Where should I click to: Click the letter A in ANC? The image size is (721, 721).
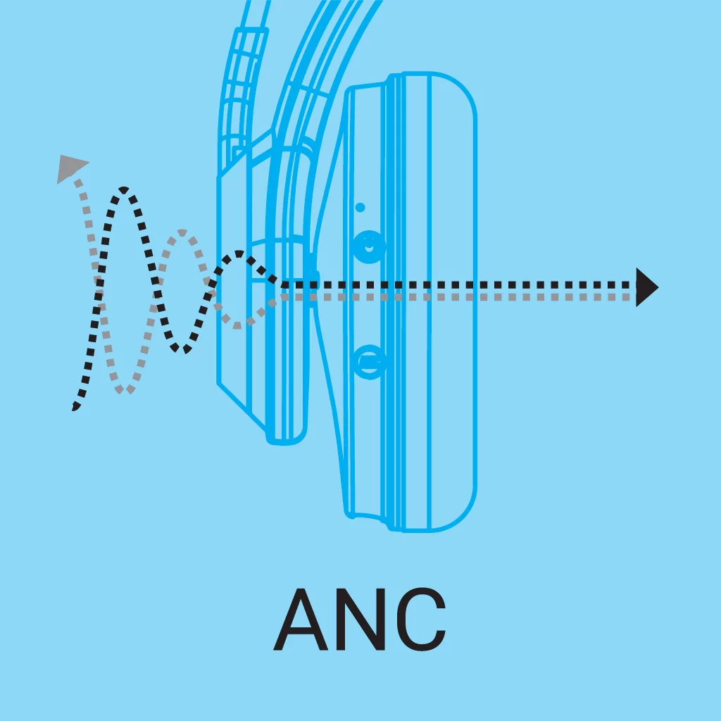coord(300,620)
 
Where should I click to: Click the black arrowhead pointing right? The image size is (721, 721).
coord(647,287)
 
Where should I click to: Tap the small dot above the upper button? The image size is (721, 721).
coord(360,208)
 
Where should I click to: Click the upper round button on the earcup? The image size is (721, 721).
coord(368,247)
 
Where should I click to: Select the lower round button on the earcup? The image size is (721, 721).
coord(370,363)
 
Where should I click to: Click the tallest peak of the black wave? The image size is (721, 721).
coord(124,189)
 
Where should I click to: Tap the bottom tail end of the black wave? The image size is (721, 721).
coord(75,407)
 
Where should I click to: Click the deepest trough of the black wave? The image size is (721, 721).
coord(181,349)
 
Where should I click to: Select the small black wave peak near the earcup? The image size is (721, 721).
coord(239,253)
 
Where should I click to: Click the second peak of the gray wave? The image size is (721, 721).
coord(182,232)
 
